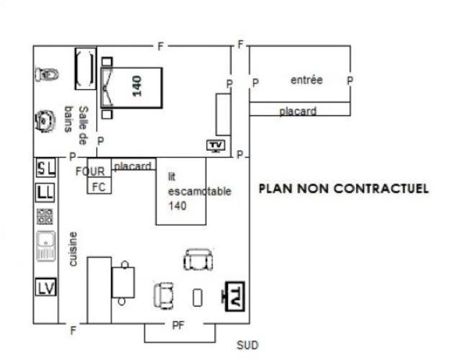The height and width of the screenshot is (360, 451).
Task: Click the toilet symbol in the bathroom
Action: [47, 74]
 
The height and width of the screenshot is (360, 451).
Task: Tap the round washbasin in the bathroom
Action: [45, 121]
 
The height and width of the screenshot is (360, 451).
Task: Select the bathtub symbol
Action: [86, 69]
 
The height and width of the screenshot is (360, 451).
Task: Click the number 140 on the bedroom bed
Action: [137, 86]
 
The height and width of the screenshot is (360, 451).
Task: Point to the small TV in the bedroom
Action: [216, 145]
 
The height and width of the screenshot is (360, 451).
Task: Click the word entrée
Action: [306, 80]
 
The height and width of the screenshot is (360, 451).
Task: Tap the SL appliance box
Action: [46, 168]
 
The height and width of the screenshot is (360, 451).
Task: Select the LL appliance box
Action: [45, 193]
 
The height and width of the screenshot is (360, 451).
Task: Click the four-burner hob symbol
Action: [45, 217]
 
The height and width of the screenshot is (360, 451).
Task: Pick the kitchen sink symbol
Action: [46, 246]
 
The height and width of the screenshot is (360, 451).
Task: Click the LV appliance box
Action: [46, 287]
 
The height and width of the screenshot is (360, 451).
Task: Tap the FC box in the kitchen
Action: [99, 186]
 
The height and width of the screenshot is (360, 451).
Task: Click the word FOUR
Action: [90, 171]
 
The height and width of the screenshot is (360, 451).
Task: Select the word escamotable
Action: [200, 192]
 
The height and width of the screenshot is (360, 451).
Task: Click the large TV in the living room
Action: [234, 297]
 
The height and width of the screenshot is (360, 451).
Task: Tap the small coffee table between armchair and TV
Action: [197, 297]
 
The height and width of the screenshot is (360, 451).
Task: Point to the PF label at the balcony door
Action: [178, 325]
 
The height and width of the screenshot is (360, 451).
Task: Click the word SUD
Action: [247, 345]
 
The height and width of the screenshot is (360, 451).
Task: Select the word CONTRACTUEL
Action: [381, 189]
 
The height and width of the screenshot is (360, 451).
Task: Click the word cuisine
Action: [73, 249]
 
